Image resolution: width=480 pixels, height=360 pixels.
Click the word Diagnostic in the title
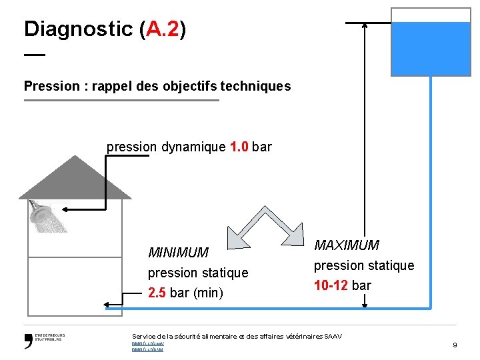tap(78, 29)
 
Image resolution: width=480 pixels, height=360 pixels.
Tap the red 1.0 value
tap(239, 147)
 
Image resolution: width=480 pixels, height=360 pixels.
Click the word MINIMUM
tap(178, 253)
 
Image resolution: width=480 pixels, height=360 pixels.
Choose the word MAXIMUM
tap(347, 245)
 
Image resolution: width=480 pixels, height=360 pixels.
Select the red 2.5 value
tap(157, 293)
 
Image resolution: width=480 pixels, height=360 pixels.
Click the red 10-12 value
tap(331, 285)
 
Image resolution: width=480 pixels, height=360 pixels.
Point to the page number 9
tap(455, 345)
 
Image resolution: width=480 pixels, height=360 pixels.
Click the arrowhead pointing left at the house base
tap(108, 305)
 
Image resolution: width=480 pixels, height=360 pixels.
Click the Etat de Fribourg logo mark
tap(29, 341)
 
